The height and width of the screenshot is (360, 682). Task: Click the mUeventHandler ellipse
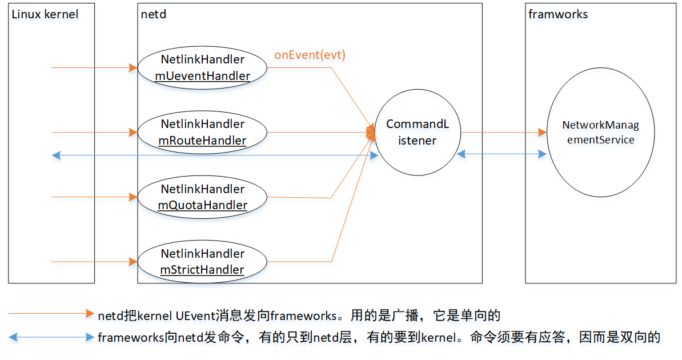(x=203, y=67)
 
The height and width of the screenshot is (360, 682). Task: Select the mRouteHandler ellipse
(x=203, y=132)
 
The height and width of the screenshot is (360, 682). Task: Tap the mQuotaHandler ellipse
(x=203, y=197)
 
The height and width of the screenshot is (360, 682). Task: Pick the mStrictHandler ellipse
(x=203, y=262)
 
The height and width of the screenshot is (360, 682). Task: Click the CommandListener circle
(x=417, y=132)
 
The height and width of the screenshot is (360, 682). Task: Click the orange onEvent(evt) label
(x=310, y=55)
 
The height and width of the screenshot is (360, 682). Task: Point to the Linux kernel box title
(x=45, y=14)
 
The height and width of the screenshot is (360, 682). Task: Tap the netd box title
(x=153, y=14)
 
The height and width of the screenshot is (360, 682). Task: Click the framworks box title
(x=558, y=14)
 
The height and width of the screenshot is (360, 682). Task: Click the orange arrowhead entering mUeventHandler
(x=134, y=67)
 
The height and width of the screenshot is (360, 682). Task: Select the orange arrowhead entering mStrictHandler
(x=134, y=262)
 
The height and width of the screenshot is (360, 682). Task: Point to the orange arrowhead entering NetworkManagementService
(x=543, y=132)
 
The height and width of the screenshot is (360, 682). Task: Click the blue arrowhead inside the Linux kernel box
(x=55, y=154)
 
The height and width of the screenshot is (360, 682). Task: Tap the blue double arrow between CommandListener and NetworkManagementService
(x=502, y=154)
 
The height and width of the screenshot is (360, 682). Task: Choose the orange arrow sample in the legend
(x=51, y=314)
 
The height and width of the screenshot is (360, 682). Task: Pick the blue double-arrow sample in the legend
(x=51, y=337)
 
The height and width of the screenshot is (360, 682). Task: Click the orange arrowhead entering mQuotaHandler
(x=134, y=197)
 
